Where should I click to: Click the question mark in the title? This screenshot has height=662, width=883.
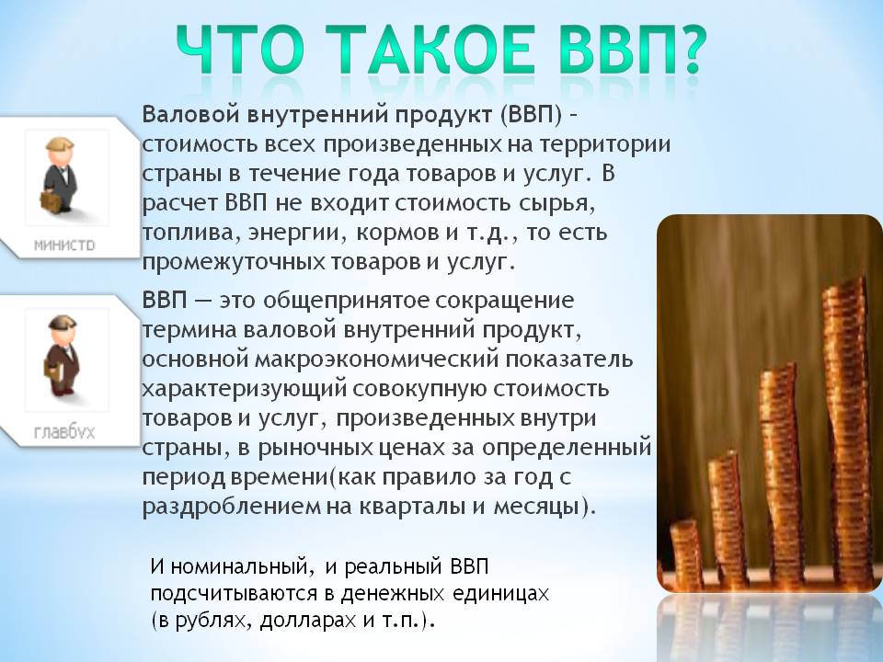(x=687, y=49)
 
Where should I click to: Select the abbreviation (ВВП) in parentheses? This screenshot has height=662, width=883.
(x=531, y=116)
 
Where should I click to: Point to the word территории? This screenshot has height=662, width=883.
(x=605, y=145)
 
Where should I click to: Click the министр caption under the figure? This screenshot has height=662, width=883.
(x=64, y=245)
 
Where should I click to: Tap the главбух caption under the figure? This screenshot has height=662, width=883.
(x=64, y=432)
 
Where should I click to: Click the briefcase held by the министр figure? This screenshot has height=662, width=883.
(x=49, y=200)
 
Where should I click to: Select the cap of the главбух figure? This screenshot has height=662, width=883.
(x=62, y=323)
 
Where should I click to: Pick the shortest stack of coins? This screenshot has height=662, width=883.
(x=686, y=554)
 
